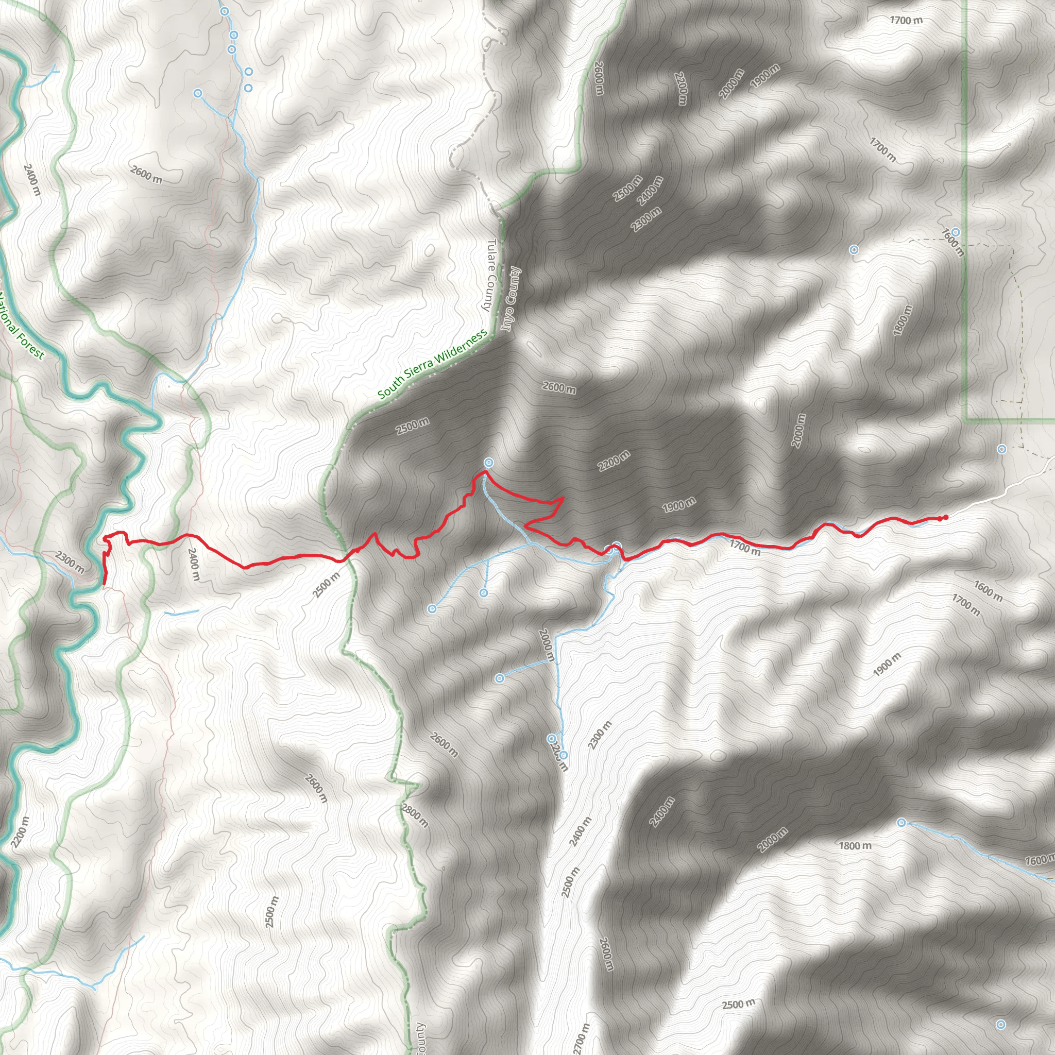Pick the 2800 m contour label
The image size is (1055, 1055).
pos(415,815)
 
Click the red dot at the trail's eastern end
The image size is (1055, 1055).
pos(945,517)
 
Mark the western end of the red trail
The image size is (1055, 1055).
pos(104,584)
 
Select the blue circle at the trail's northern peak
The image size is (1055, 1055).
pos(489,463)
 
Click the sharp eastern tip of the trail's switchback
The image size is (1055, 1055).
pos(563,498)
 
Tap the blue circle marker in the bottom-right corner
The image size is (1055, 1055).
pos(1000,1025)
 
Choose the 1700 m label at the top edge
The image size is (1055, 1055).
pos(906,21)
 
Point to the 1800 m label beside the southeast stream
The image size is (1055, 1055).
pos(855,846)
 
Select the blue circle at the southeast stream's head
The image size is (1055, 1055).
pos(901,822)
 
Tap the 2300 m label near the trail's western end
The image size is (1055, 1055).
pos(70,563)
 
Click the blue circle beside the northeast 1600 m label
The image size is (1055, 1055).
pos(956,232)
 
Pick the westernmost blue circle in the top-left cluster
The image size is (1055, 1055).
pos(198,93)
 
